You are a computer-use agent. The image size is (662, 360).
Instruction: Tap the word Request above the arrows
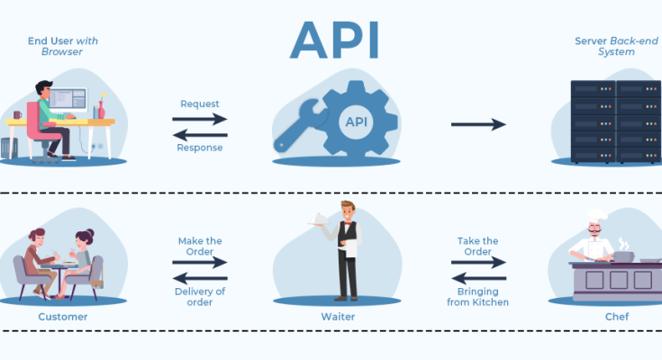tap(199, 103)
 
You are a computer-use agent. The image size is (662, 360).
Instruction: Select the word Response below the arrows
tap(199, 148)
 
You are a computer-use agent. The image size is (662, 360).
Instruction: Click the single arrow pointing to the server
tap(478, 124)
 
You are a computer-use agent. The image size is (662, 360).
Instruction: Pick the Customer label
tap(63, 317)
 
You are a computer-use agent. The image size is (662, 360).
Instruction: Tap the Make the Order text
tap(200, 246)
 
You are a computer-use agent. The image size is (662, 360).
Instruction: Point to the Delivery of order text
tap(200, 296)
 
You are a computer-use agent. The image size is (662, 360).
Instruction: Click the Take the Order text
tap(477, 246)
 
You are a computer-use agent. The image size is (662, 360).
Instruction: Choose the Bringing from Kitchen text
tap(477, 296)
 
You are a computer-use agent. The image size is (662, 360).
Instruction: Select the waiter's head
tap(347, 210)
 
